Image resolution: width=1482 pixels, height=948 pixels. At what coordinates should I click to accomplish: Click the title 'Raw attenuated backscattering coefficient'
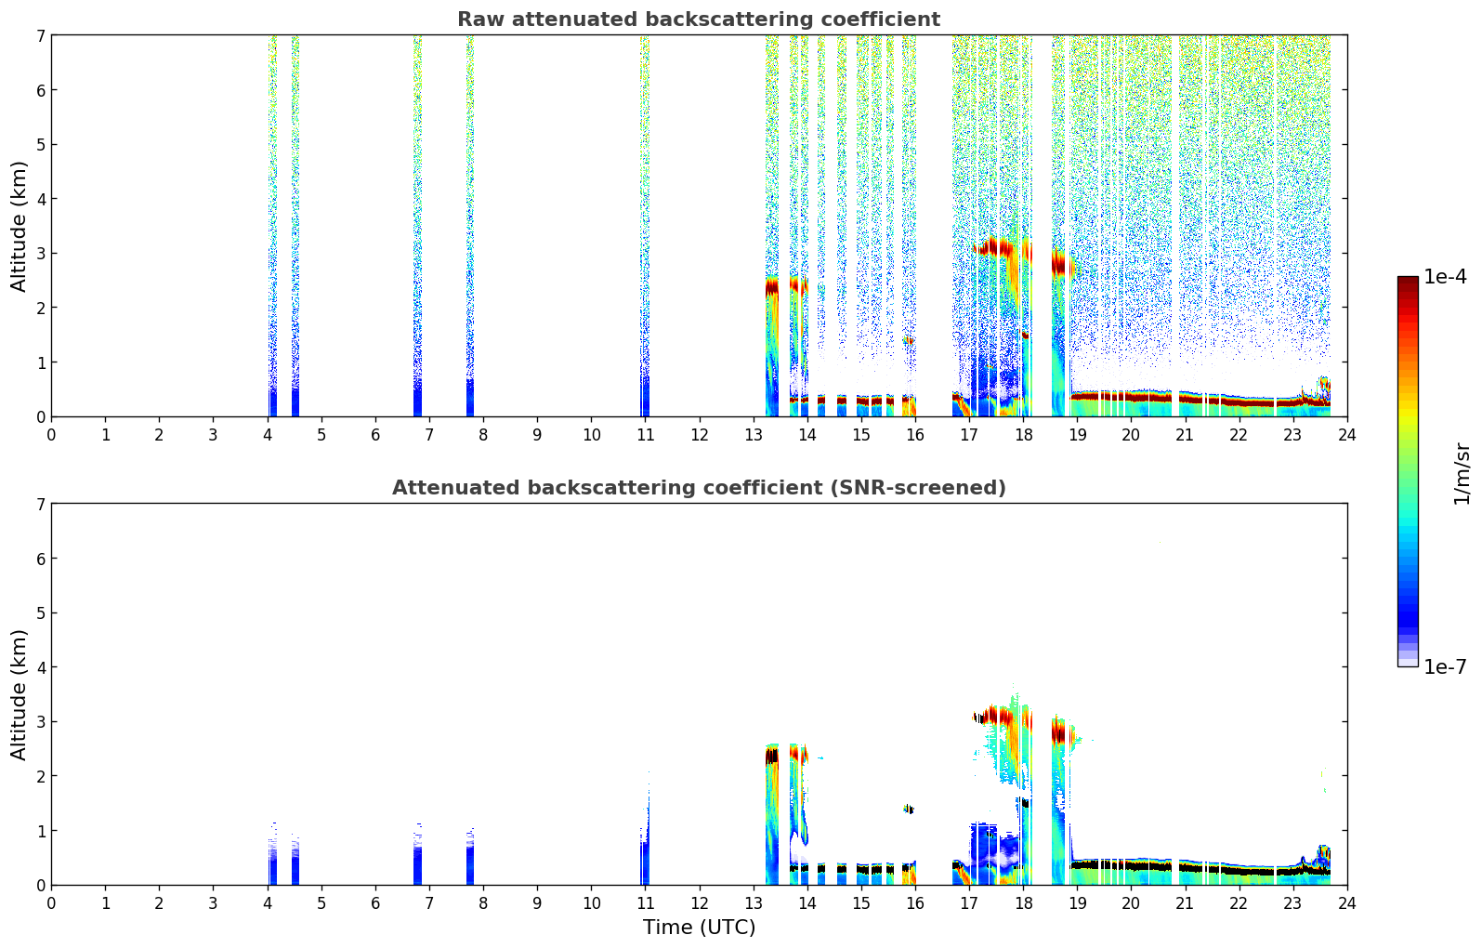coord(698,20)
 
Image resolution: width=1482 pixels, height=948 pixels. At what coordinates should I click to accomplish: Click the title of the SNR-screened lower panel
coord(698,488)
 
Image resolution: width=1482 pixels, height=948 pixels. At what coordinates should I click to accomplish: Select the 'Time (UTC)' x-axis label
coord(699,927)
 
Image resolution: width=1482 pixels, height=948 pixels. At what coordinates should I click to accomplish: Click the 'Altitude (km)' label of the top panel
coord(20,226)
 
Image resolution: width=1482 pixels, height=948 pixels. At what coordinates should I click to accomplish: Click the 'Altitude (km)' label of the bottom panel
coord(20,694)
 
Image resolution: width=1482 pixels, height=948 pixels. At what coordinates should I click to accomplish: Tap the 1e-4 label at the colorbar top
coord(1445,277)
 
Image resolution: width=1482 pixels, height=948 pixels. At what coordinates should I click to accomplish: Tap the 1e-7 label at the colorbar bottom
coord(1445,667)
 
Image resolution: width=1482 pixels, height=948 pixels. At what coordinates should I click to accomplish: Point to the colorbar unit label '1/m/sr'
coord(1462,473)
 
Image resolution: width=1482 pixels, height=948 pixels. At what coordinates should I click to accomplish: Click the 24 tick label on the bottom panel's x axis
coord(1346,903)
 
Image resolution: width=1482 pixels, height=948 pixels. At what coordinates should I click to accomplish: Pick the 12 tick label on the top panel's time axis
coord(699,435)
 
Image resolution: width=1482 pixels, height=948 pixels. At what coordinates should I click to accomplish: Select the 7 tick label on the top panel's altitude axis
coord(40,36)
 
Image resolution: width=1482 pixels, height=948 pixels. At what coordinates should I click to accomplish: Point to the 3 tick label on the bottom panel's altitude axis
coord(40,722)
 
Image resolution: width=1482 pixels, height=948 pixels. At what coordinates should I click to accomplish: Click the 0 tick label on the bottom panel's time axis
coord(51,903)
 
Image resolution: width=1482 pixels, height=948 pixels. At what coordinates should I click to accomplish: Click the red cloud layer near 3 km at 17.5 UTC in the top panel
coord(996,247)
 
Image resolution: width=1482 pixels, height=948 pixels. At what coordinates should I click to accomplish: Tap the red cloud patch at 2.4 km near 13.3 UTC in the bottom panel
coord(771,756)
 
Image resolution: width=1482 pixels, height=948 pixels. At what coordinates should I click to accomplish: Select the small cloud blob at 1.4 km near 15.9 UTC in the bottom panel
coord(909,810)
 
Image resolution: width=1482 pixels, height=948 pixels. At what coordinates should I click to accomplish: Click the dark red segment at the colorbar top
coord(1408,283)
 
